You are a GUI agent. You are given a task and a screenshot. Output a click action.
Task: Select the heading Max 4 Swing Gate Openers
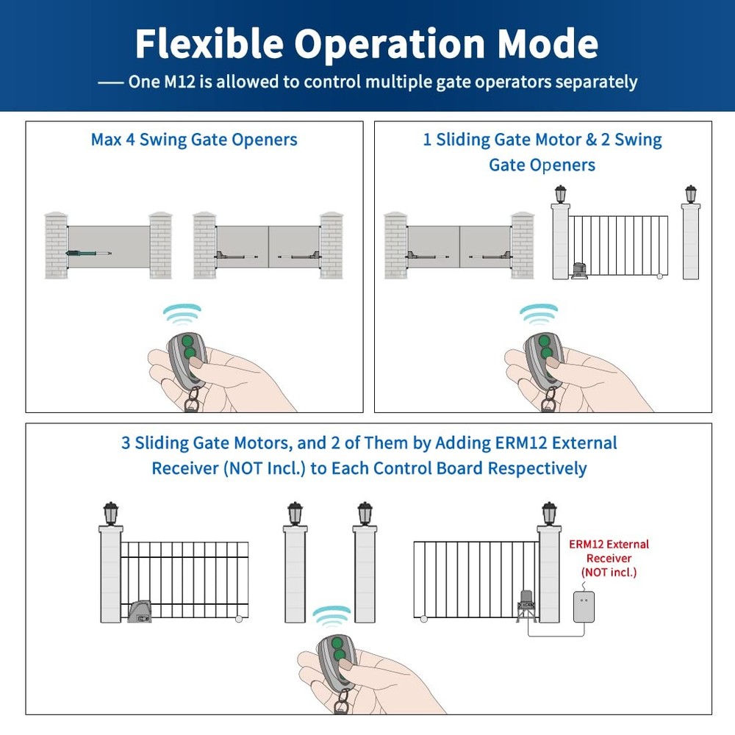tap(194, 140)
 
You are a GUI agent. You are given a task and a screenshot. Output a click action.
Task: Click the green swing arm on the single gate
tap(87, 253)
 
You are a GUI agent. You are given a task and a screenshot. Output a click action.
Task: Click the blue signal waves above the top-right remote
tap(539, 313)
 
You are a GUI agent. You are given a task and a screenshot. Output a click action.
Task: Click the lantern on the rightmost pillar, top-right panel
tap(690, 195)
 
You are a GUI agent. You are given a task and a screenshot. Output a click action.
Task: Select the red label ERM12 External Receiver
tap(609, 558)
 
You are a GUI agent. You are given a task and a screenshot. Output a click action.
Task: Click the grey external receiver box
tap(584, 607)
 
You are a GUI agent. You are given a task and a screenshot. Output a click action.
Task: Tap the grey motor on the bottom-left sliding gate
tap(140, 611)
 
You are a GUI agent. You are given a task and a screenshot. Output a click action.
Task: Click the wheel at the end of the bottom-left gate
tap(237, 620)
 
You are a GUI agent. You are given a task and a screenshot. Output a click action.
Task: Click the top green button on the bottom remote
tap(339, 641)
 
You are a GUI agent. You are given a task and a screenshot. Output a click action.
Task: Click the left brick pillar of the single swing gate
tap(56, 245)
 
